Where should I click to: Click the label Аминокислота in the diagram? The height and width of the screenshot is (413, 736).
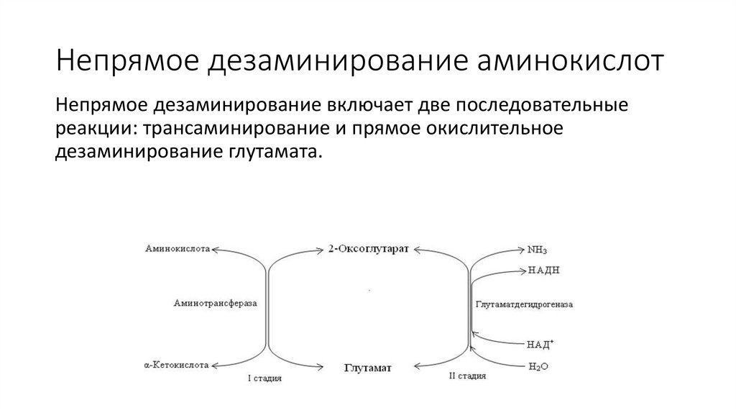(x=177, y=249)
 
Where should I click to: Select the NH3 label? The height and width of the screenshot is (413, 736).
(x=537, y=250)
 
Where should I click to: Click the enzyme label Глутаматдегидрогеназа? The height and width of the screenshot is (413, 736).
(x=524, y=304)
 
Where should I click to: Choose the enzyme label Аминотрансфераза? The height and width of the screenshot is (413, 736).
(x=215, y=304)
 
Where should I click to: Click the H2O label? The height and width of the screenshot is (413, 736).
(x=538, y=366)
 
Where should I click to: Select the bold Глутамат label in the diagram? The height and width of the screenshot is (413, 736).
(x=367, y=367)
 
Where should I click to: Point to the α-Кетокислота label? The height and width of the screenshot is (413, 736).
(x=176, y=366)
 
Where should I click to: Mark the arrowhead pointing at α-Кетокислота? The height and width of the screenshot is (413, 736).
(x=213, y=366)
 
